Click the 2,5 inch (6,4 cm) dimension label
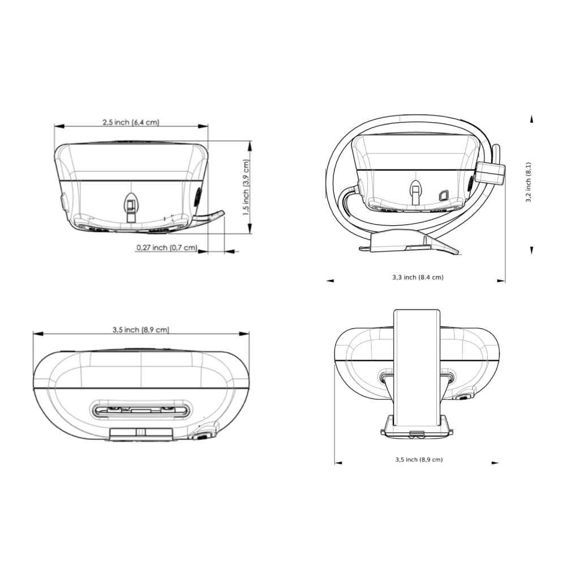tap(131, 122)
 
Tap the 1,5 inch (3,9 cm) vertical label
tap(246, 188)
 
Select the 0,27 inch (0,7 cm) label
tap(167, 248)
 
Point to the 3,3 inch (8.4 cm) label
tap(418, 277)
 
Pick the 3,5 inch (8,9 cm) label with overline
tap(141, 329)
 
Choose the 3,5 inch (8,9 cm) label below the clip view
tap(419, 460)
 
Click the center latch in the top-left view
tap(131, 207)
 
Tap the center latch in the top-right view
tap(417, 192)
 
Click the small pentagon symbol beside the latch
tap(443, 195)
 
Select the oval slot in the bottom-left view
tap(141, 410)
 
